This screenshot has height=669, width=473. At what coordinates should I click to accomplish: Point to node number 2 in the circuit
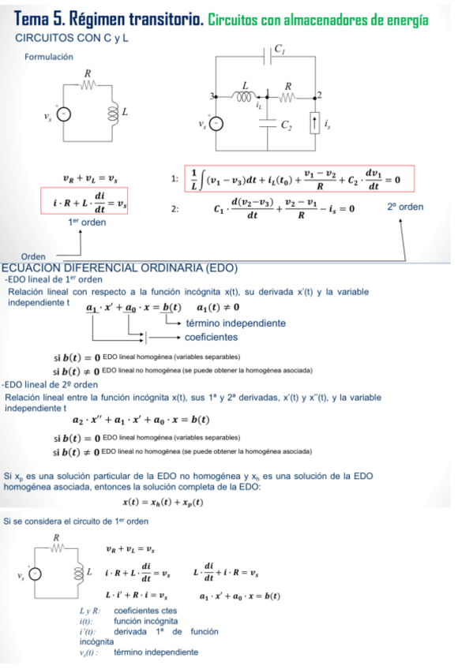[320, 95]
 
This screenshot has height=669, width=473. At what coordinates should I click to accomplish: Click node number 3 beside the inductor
[212, 96]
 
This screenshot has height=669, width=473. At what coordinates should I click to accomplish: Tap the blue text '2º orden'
[405, 207]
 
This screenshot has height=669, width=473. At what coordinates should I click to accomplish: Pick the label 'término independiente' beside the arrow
[235, 323]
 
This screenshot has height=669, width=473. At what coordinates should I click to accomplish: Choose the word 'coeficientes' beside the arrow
[211, 337]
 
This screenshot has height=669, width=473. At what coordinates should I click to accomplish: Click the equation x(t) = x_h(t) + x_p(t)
[162, 502]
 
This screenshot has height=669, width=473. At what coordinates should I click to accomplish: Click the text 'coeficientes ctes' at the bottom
[145, 611]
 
